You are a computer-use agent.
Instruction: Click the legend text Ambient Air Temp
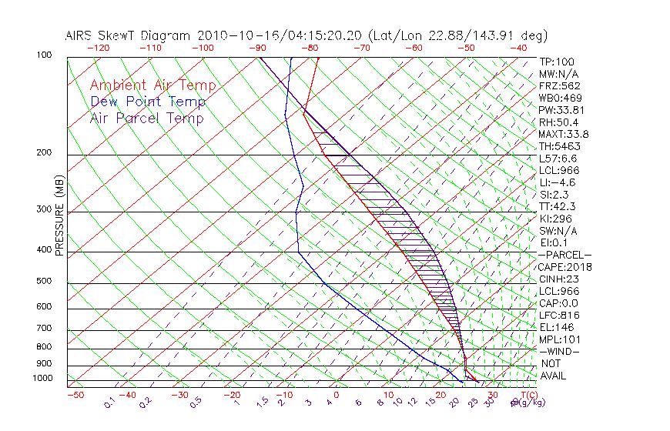(x=152, y=86)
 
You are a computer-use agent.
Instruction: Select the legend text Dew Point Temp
(x=148, y=102)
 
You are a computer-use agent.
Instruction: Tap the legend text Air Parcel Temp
(x=147, y=119)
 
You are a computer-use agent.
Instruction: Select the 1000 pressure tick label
(x=43, y=379)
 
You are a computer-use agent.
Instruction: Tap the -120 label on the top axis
(x=98, y=48)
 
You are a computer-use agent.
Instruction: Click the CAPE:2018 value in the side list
(x=564, y=267)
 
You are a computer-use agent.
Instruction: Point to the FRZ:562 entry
(x=560, y=85)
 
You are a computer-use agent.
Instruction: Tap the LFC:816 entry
(x=559, y=316)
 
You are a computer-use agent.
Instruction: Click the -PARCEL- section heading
(x=565, y=255)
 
